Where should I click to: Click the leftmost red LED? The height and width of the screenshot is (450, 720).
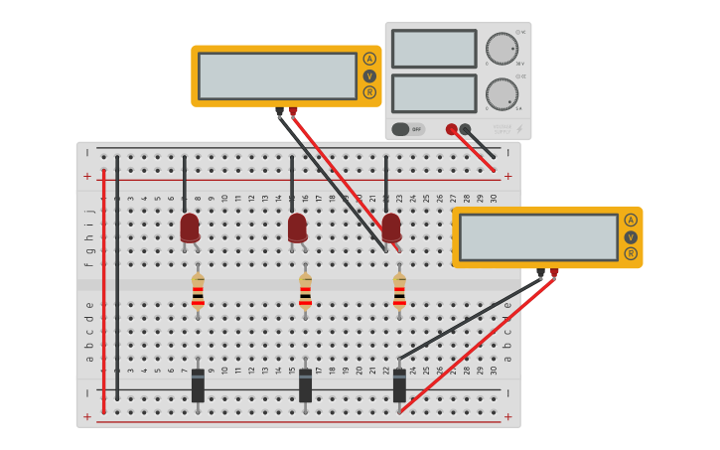pyautogui.click(x=190, y=227)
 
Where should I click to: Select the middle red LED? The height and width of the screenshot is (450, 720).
pyautogui.click(x=297, y=227)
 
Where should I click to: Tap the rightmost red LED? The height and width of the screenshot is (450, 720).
pyautogui.click(x=391, y=227)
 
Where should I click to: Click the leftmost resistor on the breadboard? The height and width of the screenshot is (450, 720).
pyautogui.click(x=198, y=291)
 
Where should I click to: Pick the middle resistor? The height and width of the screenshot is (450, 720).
pyautogui.click(x=305, y=291)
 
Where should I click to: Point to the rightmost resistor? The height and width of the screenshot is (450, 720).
pyautogui.click(x=399, y=291)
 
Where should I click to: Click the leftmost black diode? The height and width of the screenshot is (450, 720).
pyautogui.click(x=198, y=385)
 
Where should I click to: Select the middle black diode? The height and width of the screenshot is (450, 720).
pyautogui.click(x=305, y=385)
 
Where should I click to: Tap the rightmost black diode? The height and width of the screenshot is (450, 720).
pyautogui.click(x=399, y=385)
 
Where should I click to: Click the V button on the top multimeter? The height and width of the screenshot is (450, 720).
pyautogui.click(x=369, y=75)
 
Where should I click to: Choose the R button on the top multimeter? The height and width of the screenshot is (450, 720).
pyautogui.click(x=369, y=92)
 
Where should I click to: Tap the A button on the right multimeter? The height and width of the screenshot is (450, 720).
pyautogui.click(x=631, y=220)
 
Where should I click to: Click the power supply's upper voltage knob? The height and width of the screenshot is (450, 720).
pyautogui.click(x=502, y=49)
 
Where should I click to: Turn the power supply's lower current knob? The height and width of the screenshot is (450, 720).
pyautogui.click(x=502, y=94)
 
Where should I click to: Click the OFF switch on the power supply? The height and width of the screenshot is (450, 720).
pyautogui.click(x=407, y=129)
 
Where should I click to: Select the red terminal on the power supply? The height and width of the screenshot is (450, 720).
pyautogui.click(x=451, y=129)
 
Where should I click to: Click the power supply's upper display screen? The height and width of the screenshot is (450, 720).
pyautogui.click(x=434, y=49)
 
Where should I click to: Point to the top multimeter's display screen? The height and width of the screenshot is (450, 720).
pyautogui.click(x=277, y=75)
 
